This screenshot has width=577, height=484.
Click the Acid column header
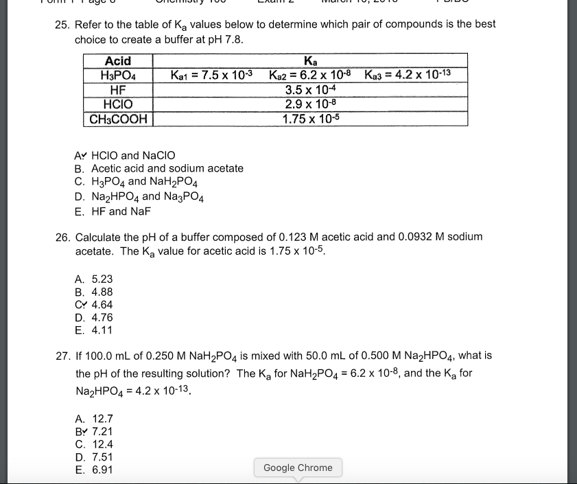(x=118, y=61)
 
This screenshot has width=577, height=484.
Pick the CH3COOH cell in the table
(x=118, y=119)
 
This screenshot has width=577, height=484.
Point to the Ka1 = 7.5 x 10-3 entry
(x=211, y=74)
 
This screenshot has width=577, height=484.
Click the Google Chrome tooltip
(x=298, y=468)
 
